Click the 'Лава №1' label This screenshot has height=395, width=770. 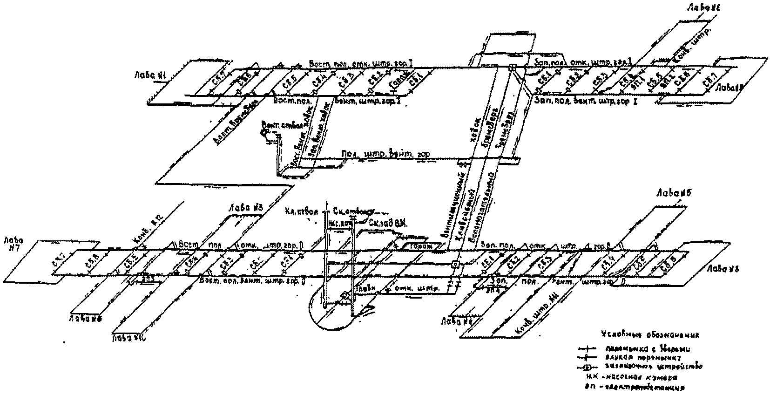click(x=149, y=74)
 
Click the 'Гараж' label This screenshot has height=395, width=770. click(x=421, y=246)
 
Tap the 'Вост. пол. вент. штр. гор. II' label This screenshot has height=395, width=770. click(x=252, y=281)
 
